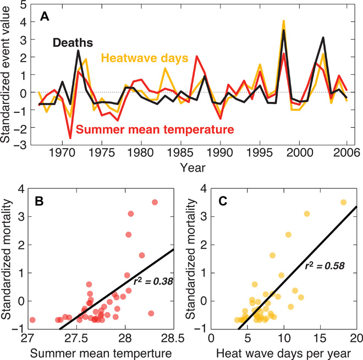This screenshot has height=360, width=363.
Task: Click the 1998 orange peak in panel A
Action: click(283, 21)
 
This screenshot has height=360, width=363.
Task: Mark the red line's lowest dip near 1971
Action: click(70, 138)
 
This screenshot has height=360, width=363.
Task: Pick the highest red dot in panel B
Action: click(155, 203)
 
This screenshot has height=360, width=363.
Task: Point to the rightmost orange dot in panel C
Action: click(344, 203)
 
